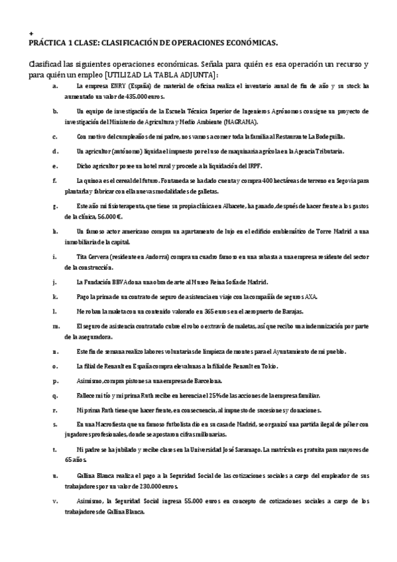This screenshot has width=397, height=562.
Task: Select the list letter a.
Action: tap(55, 85)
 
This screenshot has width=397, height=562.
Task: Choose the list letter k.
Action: tap(55, 296)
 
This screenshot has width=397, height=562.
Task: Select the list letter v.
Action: tap(55, 501)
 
